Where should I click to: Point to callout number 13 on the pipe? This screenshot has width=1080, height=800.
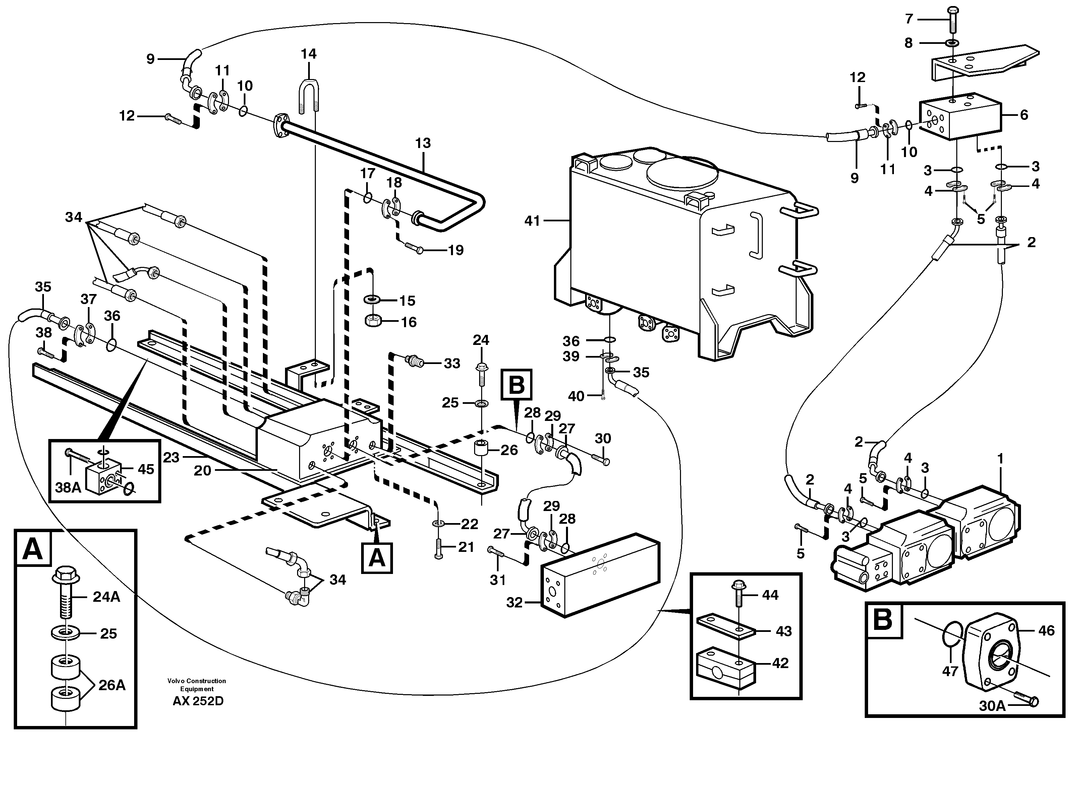tap(423, 143)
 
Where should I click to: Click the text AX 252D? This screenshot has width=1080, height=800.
tap(198, 701)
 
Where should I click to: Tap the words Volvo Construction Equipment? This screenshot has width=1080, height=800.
tap(197, 685)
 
